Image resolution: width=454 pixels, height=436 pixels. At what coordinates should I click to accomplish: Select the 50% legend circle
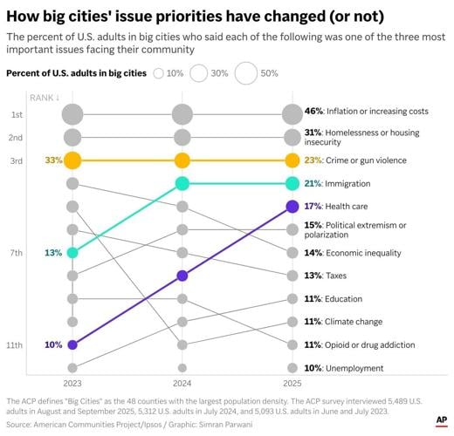point(244,74)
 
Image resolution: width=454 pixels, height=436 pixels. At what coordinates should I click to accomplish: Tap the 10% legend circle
point(158,74)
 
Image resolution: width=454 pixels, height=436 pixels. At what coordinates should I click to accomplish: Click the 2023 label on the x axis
point(72,382)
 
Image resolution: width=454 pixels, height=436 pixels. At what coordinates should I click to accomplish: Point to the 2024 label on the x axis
point(182,382)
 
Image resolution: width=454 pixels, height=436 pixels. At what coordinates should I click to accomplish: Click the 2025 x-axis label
point(292,382)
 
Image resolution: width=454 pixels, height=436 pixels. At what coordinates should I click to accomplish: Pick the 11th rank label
point(16,345)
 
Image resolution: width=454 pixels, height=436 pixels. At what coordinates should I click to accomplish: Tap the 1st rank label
point(17,114)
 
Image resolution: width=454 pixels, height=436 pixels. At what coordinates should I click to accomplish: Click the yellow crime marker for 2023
point(72,160)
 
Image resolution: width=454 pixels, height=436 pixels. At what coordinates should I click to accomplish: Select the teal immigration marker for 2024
point(182,183)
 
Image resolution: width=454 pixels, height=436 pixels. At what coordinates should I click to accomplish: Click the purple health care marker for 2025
point(292,207)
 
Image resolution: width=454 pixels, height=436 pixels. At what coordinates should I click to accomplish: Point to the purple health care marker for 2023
point(72,345)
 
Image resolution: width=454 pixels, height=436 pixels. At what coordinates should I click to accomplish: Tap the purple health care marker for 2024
point(182,276)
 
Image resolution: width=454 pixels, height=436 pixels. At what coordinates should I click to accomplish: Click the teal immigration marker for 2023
point(72,253)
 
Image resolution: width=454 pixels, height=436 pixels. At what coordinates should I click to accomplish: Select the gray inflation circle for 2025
point(292,114)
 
